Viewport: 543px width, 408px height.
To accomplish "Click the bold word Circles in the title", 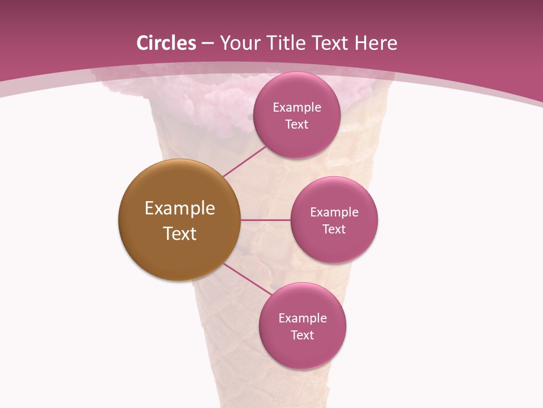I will [166, 43].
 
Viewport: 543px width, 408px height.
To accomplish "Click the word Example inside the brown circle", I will [180, 209].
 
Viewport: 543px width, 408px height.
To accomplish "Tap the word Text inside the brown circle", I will [180, 233].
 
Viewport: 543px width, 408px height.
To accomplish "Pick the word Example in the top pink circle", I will [297, 107].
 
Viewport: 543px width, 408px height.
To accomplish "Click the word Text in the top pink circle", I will [297, 124].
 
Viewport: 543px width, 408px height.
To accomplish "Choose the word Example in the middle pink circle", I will [334, 212].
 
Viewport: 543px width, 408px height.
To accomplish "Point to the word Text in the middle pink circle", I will [334, 229].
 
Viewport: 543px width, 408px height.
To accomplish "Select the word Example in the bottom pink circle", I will [303, 318].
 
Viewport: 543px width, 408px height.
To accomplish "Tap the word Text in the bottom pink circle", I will [303, 335].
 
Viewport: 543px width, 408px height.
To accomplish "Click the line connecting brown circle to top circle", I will [244, 161].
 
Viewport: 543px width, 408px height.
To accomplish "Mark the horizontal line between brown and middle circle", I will [265, 220].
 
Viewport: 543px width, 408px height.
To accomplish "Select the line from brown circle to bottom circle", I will [247, 279].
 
